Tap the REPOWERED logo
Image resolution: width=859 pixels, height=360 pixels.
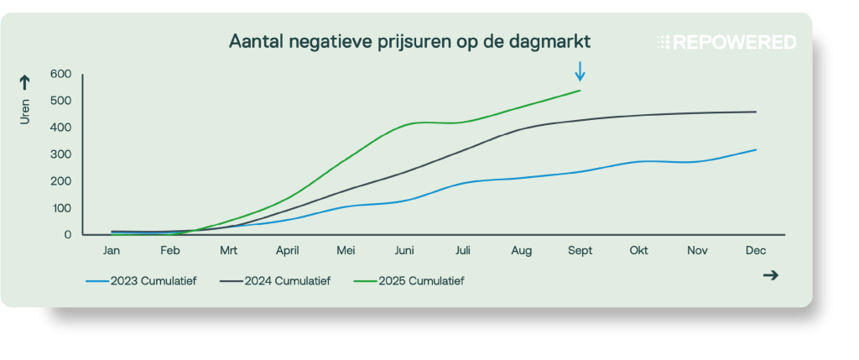(726, 42)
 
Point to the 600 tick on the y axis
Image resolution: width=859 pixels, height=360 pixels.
(60, 74)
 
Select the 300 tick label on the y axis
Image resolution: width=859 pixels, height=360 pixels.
(60, 154)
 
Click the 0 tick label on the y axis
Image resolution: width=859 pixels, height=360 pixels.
(66, 235)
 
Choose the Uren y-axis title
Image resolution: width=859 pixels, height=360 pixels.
(25, 112)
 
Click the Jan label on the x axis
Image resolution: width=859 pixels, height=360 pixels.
(112, 250)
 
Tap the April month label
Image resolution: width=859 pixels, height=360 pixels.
(287, 250)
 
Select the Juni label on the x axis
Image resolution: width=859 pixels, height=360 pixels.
(404, 250)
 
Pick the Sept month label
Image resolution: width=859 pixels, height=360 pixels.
(580, 250)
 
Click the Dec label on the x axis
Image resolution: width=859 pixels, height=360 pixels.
(756, 250)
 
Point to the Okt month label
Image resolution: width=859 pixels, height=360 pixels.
(638, 250)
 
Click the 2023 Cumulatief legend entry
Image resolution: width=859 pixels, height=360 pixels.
(142, 281)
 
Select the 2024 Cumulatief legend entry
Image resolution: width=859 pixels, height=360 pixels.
(276, 281)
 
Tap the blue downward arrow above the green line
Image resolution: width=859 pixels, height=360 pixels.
(580, 71)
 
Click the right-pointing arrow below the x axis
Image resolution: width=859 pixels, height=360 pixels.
(770, 275)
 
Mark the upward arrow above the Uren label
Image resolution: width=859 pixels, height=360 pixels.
(25, 81)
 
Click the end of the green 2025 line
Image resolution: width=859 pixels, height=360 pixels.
(580, 91)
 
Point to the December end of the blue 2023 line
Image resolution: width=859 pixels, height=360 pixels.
(756, 150)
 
